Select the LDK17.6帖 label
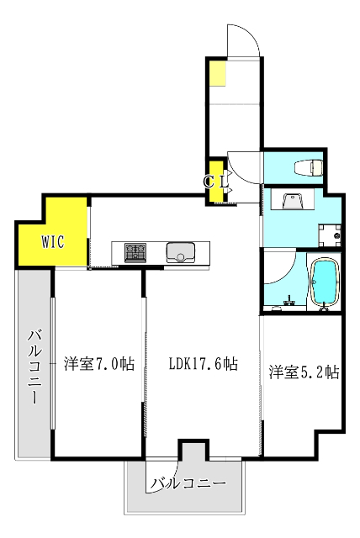pyautogui.click(x=203, y=364)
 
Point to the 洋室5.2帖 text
pyautogui.click(x=304, y=371)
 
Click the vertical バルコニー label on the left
pyautogui.click(x=34, y=368)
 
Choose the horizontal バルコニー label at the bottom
pyautogui.click(x=189, y=484)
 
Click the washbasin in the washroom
pyautogui.click(x=294, y=202)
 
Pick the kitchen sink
pyautogui.click(x=180, y=251)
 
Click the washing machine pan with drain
pyautogui.click(x=330, y=235)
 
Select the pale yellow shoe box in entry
pyautogui.click(x=217, y=73)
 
